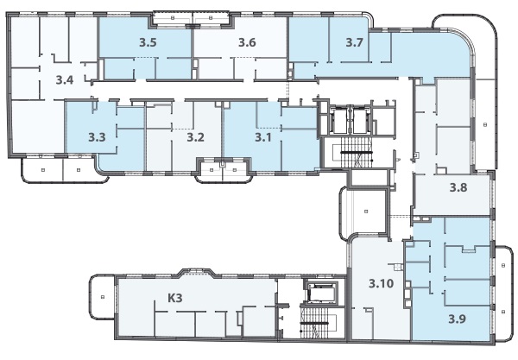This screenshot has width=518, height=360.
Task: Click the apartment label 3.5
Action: (148, 42)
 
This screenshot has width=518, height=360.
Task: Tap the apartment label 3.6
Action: (247, 42)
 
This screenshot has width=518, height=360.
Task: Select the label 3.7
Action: (355, 42)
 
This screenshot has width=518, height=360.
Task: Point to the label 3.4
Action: (65, 80)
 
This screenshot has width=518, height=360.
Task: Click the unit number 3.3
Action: (97, 136)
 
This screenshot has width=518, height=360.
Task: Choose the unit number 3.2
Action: (196, 136)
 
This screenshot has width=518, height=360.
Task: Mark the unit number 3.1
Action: (263, 136)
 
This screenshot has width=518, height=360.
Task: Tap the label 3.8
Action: (458, 187)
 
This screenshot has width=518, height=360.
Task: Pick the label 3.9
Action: (457, 319)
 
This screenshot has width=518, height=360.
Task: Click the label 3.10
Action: (382, 283)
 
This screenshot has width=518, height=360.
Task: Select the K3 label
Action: (175, 298)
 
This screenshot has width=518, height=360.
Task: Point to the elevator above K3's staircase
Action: (321, 293)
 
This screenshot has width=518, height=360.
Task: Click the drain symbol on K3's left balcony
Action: (103, 297)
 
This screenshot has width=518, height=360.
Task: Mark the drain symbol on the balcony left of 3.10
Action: (366, 212)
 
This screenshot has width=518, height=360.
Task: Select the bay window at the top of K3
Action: (196, 271)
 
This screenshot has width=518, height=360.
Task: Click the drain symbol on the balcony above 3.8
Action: (485, 124)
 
